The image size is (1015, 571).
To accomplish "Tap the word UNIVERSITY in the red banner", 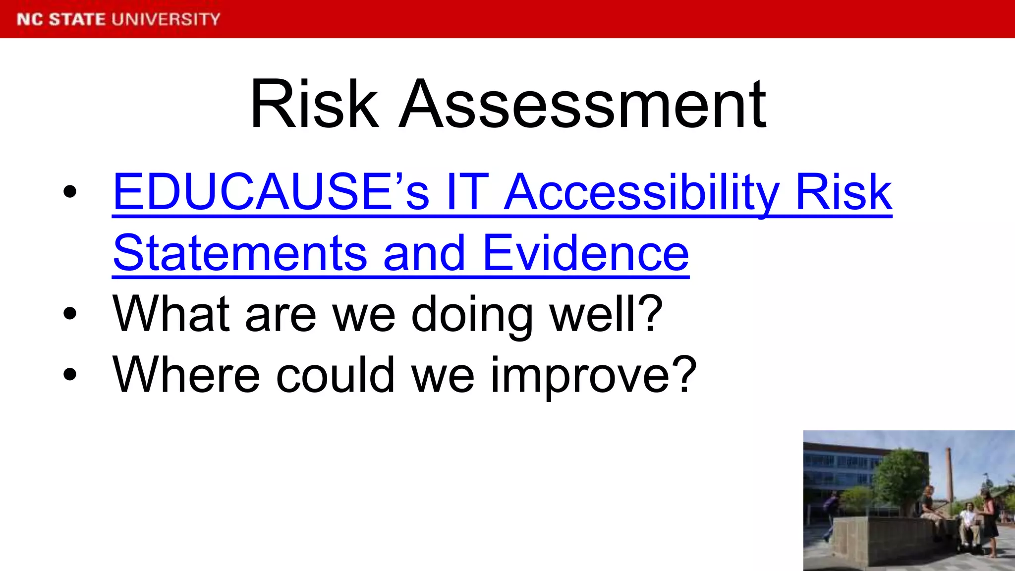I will pos(166,19).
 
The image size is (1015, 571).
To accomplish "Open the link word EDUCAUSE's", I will pos(271,192).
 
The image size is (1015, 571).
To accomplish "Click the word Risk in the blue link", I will pos(844,192).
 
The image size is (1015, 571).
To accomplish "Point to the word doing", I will pos(472,314).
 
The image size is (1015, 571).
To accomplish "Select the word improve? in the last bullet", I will pos(593,375).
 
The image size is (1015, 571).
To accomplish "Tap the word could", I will pos(335,375).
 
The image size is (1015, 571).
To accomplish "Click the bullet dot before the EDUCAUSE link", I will pos(70,192).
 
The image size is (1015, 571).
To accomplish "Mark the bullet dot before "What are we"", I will pos(70,314).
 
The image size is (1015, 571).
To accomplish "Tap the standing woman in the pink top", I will pos(989,520).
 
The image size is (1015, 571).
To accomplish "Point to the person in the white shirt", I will pos(967,525).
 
